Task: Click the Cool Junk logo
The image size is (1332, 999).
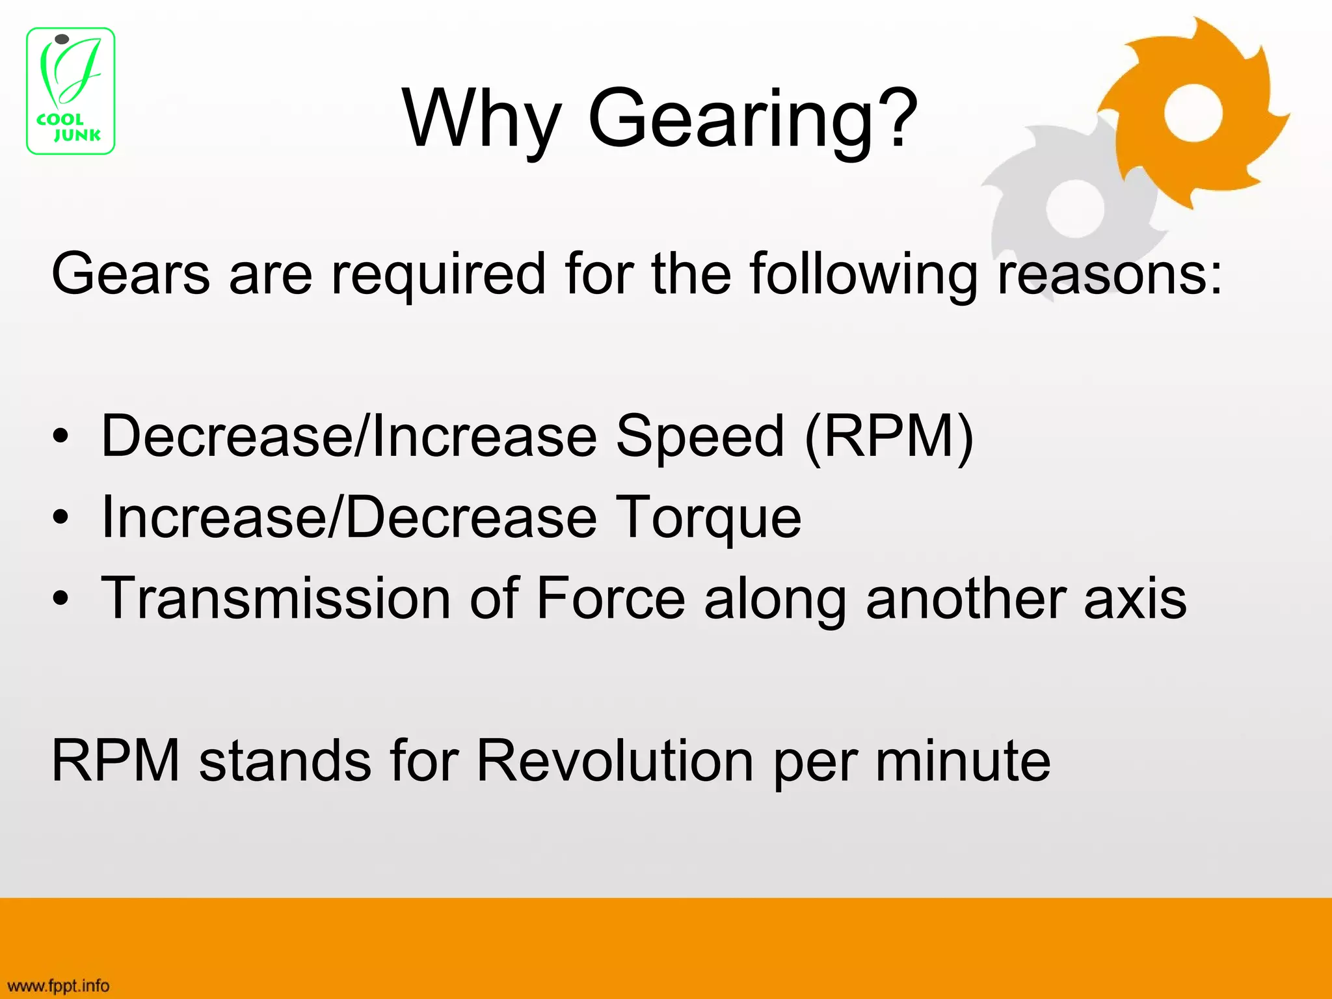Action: point(70,91)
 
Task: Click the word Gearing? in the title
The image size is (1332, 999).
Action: point(753,120)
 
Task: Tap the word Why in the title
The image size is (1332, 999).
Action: point(482,120)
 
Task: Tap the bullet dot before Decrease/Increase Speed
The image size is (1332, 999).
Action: point(60,438)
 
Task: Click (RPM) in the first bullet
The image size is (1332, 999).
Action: point(889,437)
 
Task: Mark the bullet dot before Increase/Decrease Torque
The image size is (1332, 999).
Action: point(60,518)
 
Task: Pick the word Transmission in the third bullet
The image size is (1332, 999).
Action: point(276,598)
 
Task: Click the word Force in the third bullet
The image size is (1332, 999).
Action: point(611,598)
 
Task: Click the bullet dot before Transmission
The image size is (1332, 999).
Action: point(60,599)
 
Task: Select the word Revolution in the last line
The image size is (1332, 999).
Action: point(615,761)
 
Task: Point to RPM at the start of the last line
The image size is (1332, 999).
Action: point(116,761)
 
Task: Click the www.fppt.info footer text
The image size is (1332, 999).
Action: point(59,986)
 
